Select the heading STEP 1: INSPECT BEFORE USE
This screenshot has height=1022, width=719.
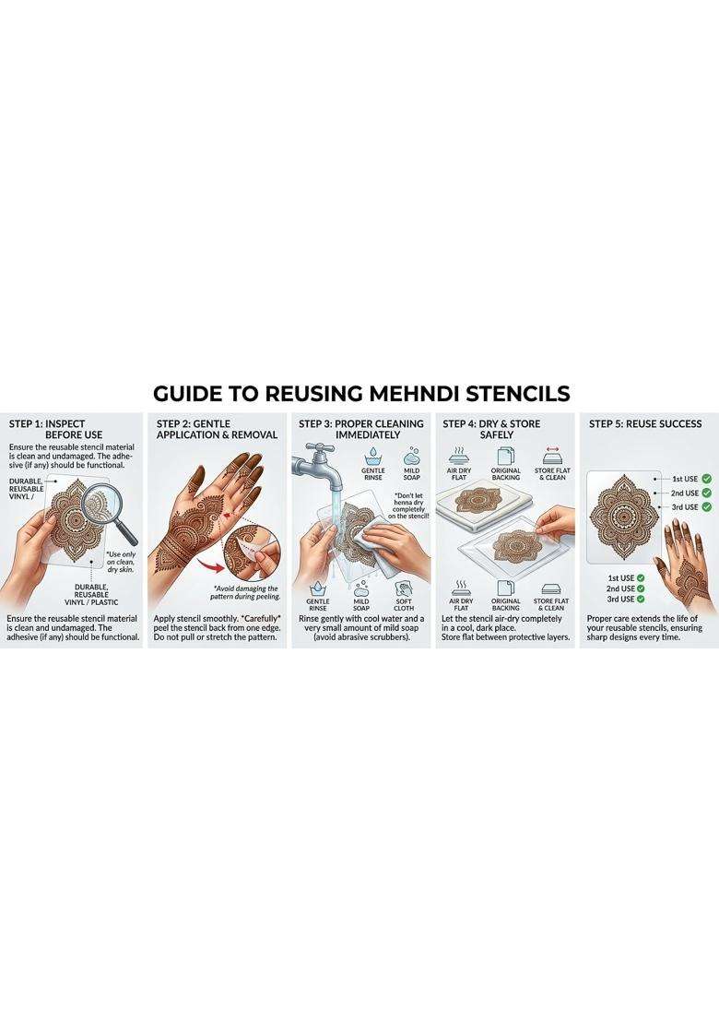click(55, 429)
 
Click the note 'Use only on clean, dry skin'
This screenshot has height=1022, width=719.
click(121, 562)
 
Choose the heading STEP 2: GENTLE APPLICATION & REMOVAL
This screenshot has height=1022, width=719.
click(217, 429)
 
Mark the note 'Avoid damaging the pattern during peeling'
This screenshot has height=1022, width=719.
click(244, 592)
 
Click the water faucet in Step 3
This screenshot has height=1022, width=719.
click(320, 463)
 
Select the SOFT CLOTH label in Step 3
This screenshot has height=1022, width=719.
click(404, 604)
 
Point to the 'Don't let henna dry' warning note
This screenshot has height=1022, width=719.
click(409, 505)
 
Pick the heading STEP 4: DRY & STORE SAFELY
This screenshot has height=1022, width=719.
click(491, 429)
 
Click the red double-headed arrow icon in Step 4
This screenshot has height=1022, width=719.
click(552, 450)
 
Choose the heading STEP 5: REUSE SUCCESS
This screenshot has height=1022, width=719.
click(644, 423)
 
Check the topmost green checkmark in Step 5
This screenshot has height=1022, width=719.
click(707, 479)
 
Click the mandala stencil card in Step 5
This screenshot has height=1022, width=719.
click(624, 517)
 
